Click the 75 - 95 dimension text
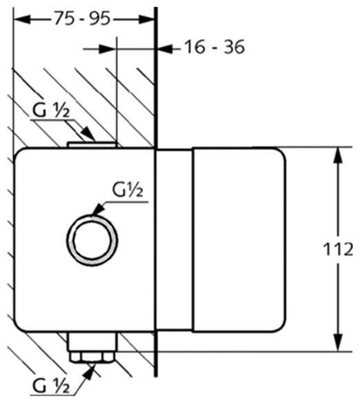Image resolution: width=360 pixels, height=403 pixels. [x=83, y=19]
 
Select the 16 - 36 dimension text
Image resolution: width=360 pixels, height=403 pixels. [x=214, y=47]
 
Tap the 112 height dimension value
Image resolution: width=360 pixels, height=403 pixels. [x=338, y=249]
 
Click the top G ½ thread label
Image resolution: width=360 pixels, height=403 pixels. [x=51, y=110]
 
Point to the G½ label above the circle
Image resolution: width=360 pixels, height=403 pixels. [x=128, y=190]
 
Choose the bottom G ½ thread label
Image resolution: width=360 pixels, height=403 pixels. [x=51, y=386]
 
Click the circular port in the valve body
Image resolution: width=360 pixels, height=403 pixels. [x=92, y=240]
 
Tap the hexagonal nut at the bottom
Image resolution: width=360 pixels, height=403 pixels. [x=92, y=357]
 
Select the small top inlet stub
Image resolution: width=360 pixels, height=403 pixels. [x=92, y=145]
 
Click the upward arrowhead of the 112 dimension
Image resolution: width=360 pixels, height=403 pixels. [x=339, y=155]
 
